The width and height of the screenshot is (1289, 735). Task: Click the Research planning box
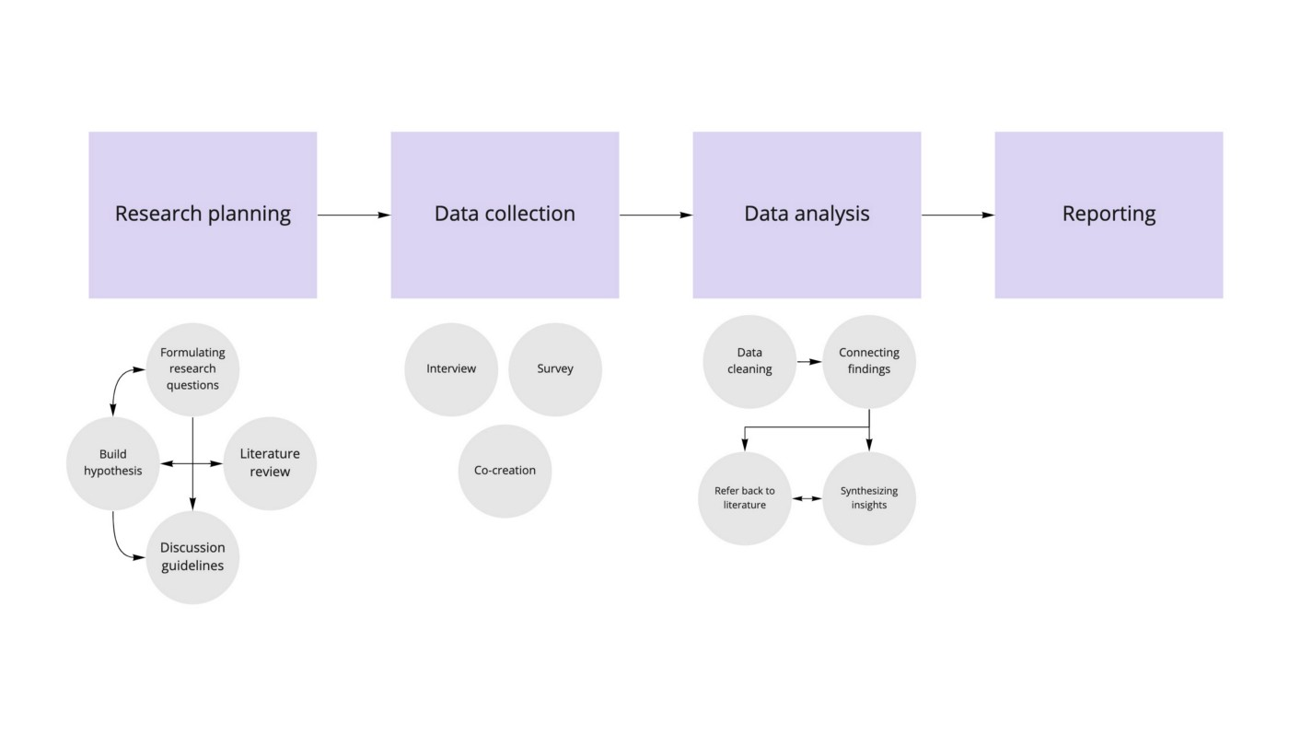(x=203, y=215)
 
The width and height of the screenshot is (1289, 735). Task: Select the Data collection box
(x=505, y=215)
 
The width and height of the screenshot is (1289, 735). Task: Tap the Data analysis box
(x=807, y=215)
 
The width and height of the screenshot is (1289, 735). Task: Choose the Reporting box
(x=1109, y=215)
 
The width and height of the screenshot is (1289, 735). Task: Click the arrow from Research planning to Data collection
(x=354, y=216)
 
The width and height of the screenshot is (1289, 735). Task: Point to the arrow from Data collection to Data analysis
(x=656, y=216)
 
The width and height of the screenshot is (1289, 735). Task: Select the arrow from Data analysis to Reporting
(x=958, y=216)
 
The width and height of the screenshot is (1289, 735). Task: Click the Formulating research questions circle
(x=192, y=368)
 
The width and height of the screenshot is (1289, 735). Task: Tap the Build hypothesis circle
(x=112, y=462)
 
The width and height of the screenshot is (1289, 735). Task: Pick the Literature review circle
(x=270, y=462)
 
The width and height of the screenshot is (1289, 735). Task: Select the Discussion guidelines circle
(x=192, y=557)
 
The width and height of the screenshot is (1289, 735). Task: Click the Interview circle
(x=451, y=368)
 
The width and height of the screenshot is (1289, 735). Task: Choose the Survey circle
(x=555, y=368)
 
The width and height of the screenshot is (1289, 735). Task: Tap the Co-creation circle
(x=505, y=471)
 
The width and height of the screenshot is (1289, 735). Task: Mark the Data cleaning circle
(x=749, y=361)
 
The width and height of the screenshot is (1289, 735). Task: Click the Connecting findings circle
(x=869, y=361)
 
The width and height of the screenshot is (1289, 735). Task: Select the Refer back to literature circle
(x=745, y=498)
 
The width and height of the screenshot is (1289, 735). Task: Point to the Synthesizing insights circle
(x=869, y=498)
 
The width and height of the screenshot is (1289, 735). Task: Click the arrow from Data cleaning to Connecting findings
(x=809, y=362)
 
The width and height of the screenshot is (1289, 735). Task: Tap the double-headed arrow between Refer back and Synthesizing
(x=807, y=498)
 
